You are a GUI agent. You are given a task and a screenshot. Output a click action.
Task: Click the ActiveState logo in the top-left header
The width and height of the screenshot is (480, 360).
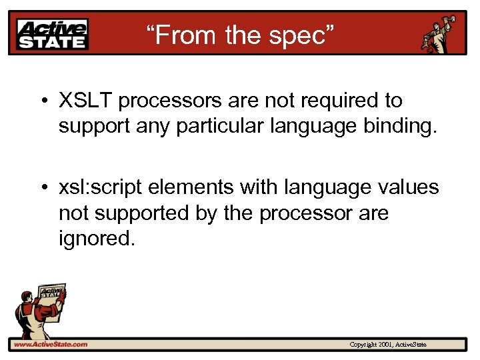pyautogui.click(x=53, y=33)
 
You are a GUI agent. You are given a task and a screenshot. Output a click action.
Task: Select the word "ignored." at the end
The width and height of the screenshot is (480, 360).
pyautogui.click(x=97, y=238)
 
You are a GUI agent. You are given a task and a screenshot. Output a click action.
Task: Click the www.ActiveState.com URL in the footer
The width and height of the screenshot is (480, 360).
pyautogui.click(x=51, y=344)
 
